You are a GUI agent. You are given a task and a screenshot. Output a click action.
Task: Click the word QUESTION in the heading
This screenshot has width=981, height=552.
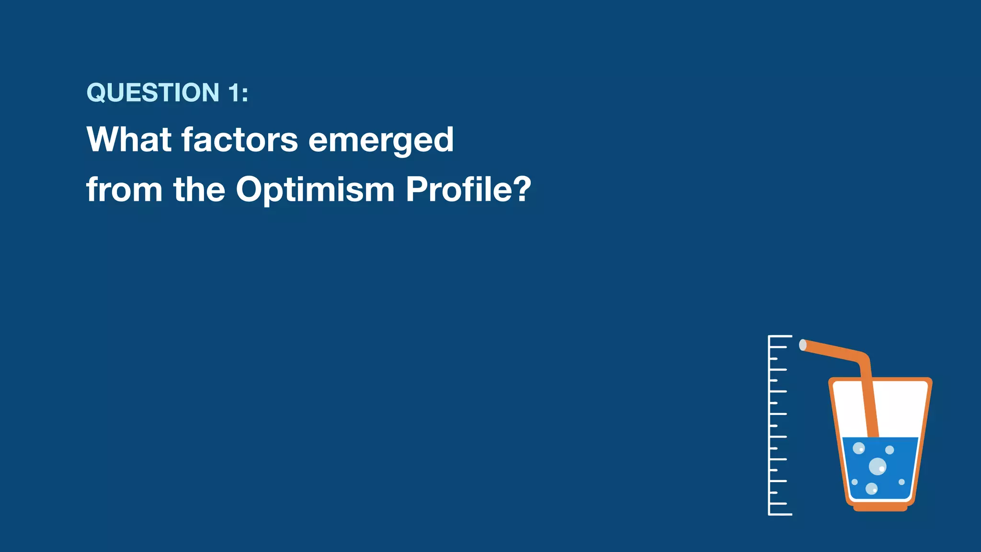tap(153, 92)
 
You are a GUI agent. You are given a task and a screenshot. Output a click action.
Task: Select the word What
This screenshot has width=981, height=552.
tap(129, 139)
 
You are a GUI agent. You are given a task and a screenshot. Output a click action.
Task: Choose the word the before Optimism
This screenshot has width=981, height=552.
tap(199, 189)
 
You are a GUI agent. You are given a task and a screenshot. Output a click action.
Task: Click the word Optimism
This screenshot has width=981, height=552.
tap(315, 190)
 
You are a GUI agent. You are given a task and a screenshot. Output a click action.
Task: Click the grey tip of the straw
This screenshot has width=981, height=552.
tap(803, 345)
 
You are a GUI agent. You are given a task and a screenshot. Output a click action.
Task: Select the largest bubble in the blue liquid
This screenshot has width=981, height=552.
tap(878, 466)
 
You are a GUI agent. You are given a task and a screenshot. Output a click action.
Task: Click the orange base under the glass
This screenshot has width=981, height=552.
tap(880, 508)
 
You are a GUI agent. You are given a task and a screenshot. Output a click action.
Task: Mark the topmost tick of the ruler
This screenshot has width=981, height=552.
tap(780, 336)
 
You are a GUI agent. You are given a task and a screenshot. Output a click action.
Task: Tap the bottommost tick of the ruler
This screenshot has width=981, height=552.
tap(780, 515)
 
